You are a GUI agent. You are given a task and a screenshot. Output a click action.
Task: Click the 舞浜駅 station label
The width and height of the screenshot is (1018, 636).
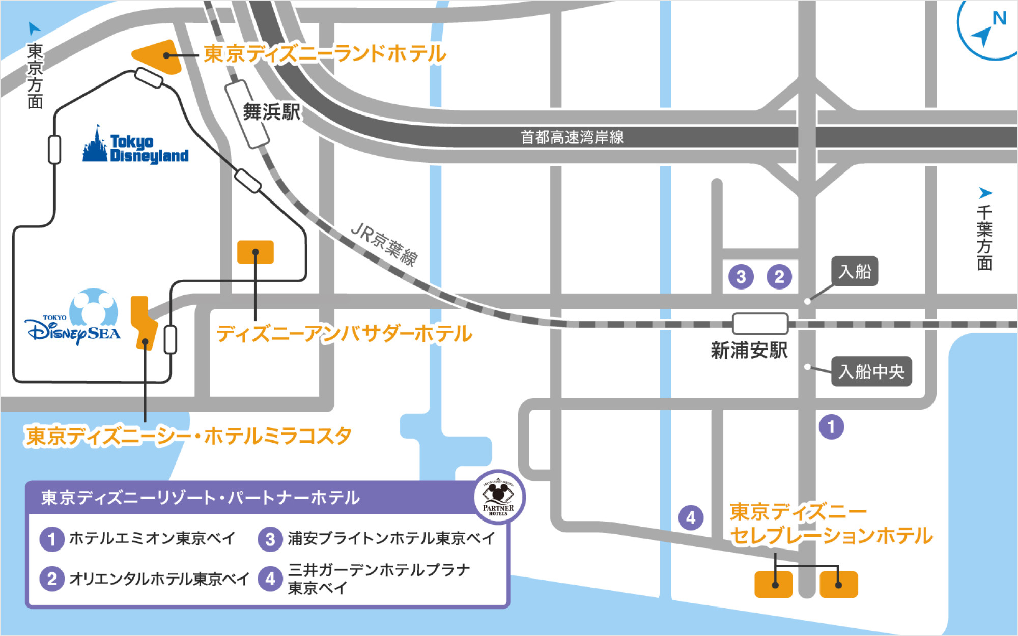271,112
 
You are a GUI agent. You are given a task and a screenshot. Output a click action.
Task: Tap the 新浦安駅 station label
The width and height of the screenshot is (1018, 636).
749,351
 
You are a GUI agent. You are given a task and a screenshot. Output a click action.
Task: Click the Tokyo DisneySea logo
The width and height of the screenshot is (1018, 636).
74,318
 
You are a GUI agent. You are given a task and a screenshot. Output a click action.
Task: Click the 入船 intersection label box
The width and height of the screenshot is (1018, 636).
855,271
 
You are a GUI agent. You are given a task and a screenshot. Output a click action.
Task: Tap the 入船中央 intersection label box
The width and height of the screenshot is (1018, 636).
871,371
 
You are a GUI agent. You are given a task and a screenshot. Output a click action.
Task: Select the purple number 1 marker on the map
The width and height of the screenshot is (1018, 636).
831,427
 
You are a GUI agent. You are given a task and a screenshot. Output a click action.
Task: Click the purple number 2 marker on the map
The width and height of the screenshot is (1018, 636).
779,277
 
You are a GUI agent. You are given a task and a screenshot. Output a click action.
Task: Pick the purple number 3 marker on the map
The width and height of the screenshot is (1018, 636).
741,277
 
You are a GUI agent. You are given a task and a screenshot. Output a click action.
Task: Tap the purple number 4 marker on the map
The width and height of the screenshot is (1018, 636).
691,518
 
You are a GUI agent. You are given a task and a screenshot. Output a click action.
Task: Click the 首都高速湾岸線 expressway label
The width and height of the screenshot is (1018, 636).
572,137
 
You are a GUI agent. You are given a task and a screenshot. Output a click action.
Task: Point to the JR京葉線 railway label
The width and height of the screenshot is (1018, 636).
385,244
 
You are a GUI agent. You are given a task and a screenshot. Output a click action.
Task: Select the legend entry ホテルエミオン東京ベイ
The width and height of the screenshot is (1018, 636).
152,538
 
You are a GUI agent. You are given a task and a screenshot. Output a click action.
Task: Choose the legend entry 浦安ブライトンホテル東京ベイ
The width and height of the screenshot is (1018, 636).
391,538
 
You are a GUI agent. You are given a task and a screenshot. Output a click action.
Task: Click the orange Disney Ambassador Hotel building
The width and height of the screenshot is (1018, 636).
256,252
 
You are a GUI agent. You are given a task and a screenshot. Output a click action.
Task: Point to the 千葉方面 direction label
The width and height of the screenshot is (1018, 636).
984,237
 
